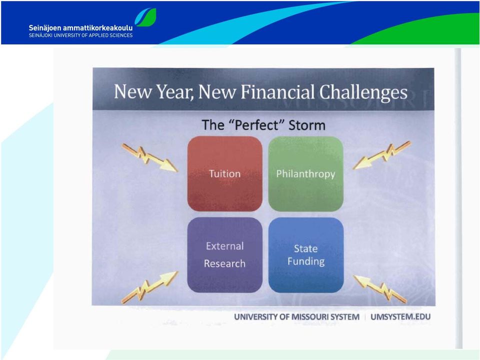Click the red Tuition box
[224, 173]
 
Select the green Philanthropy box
[306, 173]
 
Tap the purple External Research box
[224, 255]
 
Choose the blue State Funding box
[306, 255]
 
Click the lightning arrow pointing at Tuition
[149, 158]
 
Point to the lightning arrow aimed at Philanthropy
[381, 155]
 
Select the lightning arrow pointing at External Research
[149, 287]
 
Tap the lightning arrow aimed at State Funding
[380, 289]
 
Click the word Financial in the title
[278, 91]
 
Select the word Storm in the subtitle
[307, 125]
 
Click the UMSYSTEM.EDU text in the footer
[400, 317]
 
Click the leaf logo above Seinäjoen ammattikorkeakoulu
[145, 17]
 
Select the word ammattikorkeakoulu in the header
[97, 28]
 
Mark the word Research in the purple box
[224, 263]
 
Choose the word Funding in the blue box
[306, 261]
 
